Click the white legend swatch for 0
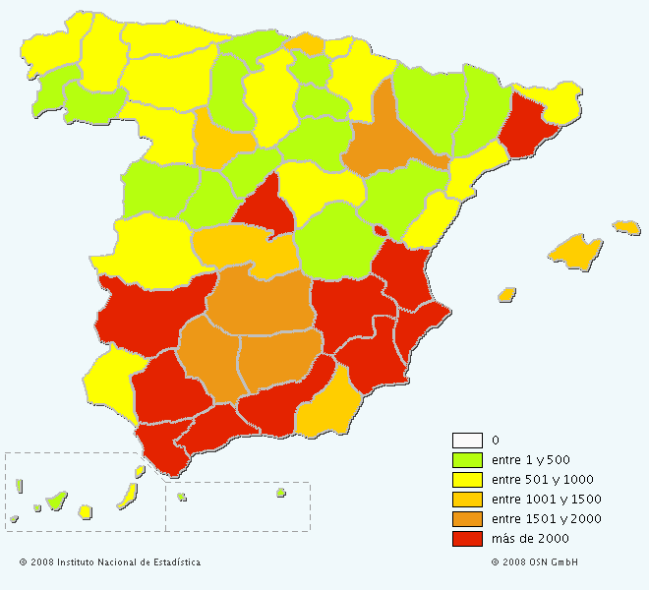click(x=467, y=440)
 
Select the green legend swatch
click(x=467, y=459)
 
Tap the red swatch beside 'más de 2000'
click(x=467, y=538)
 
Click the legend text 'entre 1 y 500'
click(x=531, y=459)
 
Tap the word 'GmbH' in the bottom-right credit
click(x=563, y=562)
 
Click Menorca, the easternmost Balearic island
click(x=626, y=227)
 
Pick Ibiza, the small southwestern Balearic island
click(x=507, y=294)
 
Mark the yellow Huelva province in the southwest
click(x=110, y=382)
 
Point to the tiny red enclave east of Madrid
click(x=380, y=230)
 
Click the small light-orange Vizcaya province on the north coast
click(x=309, y=42)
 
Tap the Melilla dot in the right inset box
click(x=280, y=493)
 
